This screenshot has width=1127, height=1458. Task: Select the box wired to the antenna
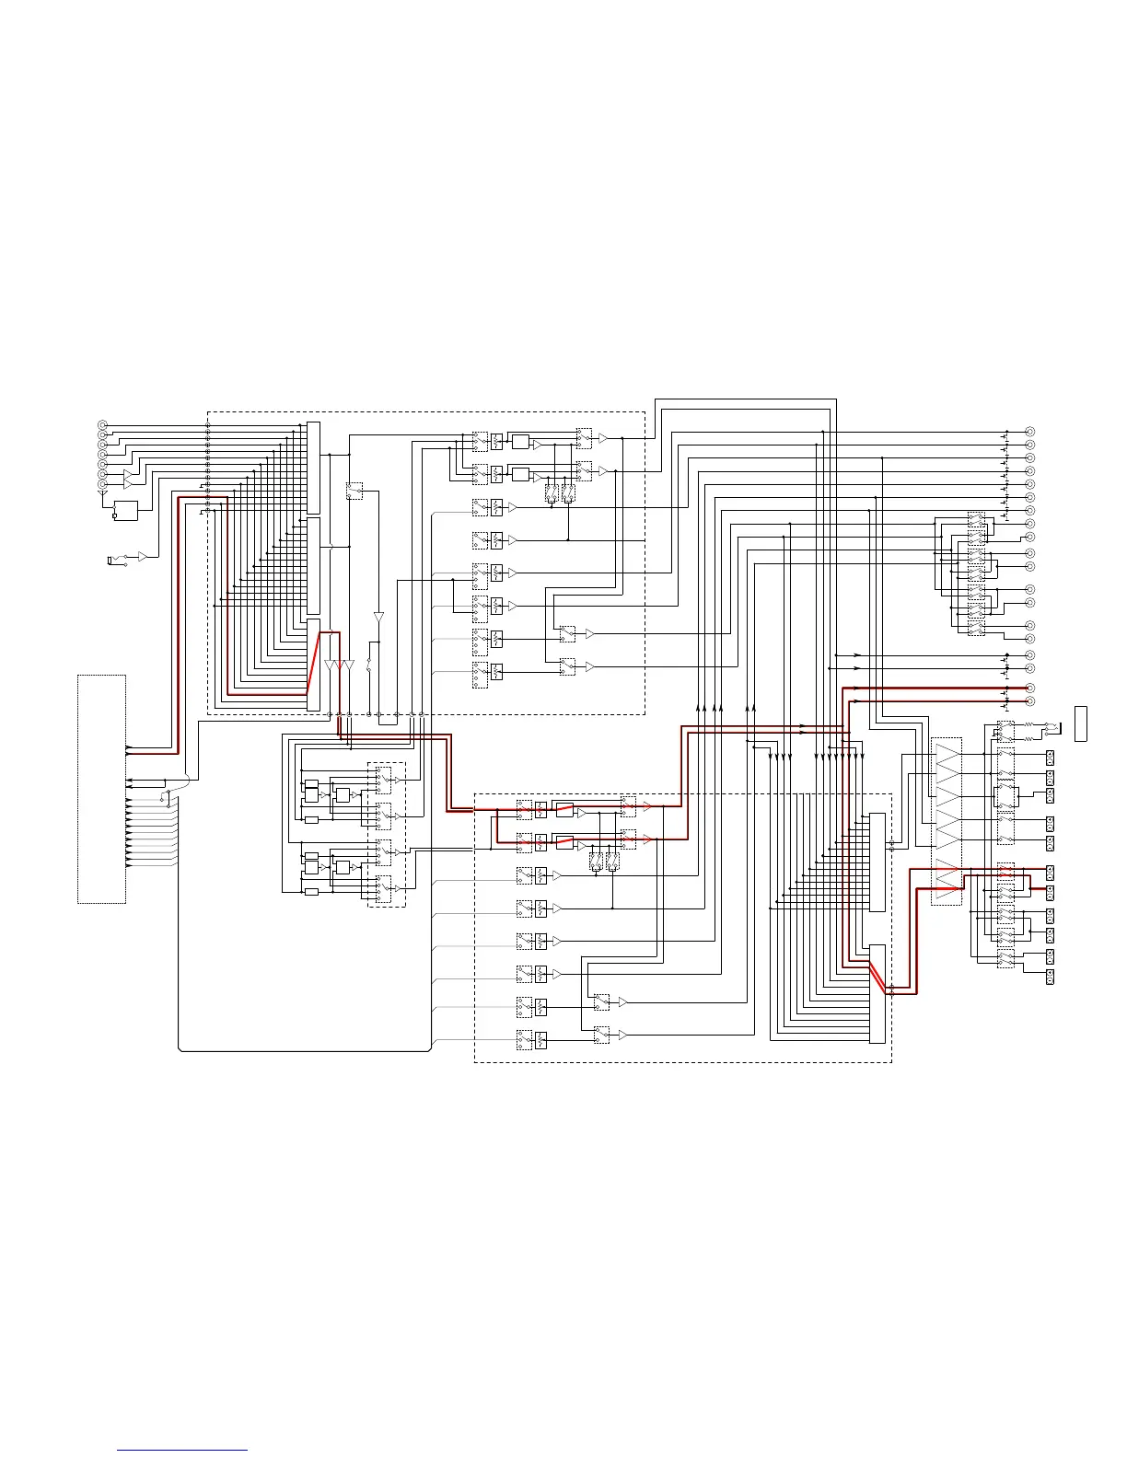coord(124,511)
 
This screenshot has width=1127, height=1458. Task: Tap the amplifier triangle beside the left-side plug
coord(143,557)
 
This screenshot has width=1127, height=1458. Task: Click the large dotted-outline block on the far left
coord(101,789)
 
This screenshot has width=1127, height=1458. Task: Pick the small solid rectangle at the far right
coord(1081,723)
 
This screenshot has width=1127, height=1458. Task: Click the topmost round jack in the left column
coord(102,425)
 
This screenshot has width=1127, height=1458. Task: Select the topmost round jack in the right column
coord(1030,432)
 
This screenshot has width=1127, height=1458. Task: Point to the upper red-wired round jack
coord(1030,688)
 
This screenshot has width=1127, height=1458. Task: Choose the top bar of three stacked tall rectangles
coord(313,468)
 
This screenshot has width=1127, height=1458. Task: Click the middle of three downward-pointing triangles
coord(340,665)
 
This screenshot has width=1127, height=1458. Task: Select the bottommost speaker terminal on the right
coord(1050,978)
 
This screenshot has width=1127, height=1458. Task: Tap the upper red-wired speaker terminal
coord(1050,872)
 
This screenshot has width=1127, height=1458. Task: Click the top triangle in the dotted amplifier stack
coord(947,756)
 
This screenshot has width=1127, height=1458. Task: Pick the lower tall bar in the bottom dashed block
coord(877,993)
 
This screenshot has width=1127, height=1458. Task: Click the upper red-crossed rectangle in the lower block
coord(564,810)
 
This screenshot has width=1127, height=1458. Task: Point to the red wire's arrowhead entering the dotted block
coord(128,746)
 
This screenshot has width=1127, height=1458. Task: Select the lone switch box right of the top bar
coord(354,491)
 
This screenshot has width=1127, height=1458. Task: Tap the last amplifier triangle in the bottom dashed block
coord(623,1036)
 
